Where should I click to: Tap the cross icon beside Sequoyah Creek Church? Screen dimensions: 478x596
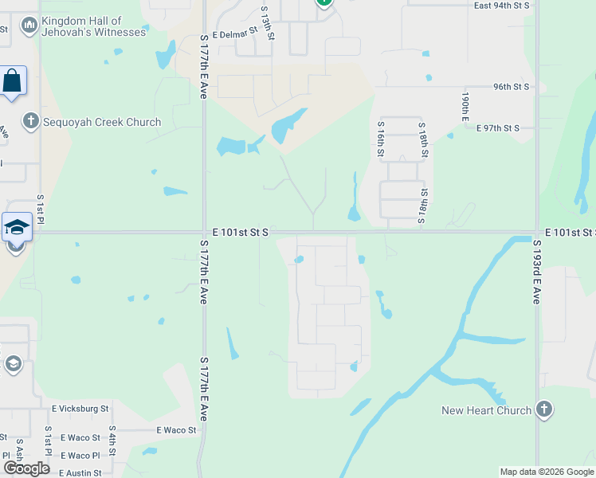click(x=31, y=122)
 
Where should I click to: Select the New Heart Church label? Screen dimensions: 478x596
click(x=487, y=410)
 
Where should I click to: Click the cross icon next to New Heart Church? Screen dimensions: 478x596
click(x=544, y=409)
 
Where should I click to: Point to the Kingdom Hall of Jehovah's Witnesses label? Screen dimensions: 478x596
click(x=94, y=26)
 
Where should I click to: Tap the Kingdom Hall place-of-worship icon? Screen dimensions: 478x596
click(x=29, y=26)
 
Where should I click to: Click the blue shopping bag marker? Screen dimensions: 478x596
click(x=12, y=80)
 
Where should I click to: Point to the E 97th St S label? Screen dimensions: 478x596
click(x=498, y=128)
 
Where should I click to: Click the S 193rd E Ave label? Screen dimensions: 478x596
click(x=537, y=272)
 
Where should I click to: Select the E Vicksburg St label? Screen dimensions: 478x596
click(x=80, y=409)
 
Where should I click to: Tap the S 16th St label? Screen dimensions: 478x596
click(x=382, y=139)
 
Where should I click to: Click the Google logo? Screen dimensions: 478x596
click(x=26, y=468)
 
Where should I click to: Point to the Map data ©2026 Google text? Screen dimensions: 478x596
click(x=547, y=472)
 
